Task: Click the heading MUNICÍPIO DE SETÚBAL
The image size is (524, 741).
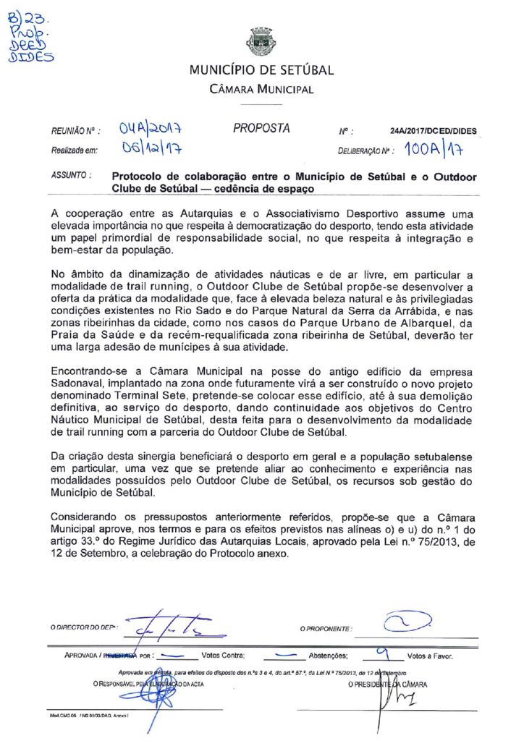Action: point(261,71)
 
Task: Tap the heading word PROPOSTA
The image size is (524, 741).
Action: point(261,129)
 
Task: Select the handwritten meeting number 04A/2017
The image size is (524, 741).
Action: point(151,130)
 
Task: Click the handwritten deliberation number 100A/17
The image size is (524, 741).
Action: point(434,151)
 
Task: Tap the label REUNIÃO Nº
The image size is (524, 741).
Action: point(75,132)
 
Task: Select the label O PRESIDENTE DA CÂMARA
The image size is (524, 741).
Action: point(388,684)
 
